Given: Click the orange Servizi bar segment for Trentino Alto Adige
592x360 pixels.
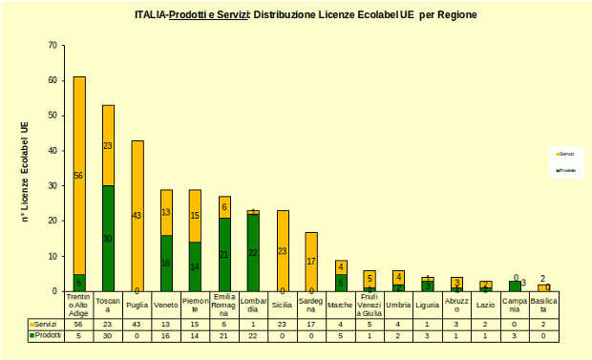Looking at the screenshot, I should coord(79,175).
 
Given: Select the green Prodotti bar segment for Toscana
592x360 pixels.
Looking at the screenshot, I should coord(108,239).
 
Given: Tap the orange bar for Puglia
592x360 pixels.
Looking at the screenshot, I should coord(137,216).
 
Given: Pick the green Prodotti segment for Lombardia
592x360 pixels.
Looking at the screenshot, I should coord(253,252).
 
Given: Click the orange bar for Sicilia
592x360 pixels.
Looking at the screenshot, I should coord(283,250).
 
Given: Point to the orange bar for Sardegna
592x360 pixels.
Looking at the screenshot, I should coord(311,261).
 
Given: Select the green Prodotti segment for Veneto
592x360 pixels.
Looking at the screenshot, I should coord(166,263).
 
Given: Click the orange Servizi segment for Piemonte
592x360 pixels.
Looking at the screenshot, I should coord(195,216).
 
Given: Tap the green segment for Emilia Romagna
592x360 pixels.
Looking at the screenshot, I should coord(224,254).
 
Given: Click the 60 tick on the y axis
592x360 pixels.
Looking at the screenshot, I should coord(53,80).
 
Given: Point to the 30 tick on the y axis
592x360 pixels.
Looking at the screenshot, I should coord(53,186).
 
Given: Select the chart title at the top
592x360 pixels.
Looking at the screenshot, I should coord(306,15).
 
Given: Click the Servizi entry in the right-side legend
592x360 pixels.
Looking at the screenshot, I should coord(565,153).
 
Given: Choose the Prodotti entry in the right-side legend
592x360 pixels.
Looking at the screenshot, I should coord(565,170).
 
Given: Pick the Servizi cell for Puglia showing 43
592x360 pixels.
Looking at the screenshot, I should coord(137,325).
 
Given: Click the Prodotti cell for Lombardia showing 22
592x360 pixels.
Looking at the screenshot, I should coord(253,336).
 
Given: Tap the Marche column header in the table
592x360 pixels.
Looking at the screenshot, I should coord(340,305).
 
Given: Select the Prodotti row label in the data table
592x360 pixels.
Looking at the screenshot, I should coord(46,336).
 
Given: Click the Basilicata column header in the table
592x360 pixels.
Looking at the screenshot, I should coord(543,305).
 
